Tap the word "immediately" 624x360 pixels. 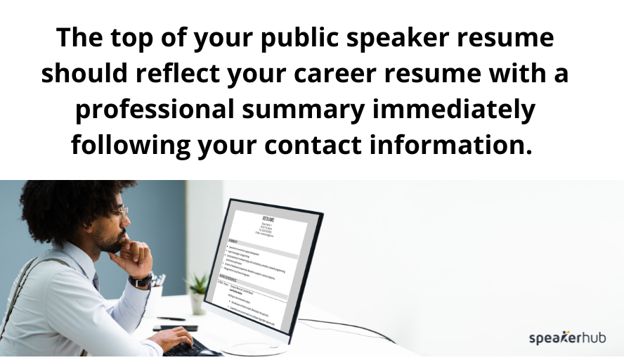coord(464,110)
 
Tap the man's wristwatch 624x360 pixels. coord(141,279)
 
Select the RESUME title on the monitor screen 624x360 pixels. coord(268,219)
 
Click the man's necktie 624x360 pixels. coord(96,281)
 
